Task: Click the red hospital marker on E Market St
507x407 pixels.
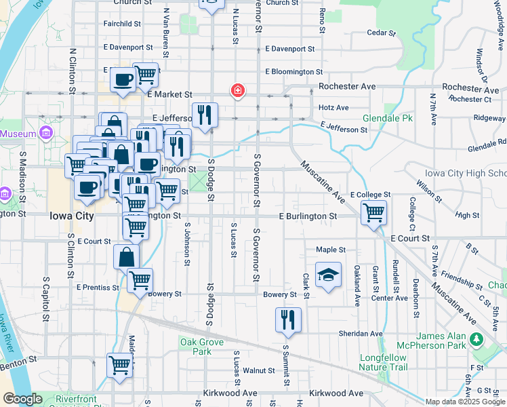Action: click(x=237, y=91)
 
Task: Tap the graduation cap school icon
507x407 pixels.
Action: click(x=328, y=275)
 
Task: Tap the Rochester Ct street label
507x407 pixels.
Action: click(x=469, y=99)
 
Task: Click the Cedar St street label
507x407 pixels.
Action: click(x=380, y=33)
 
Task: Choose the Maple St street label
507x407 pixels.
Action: click(x=331, y=250)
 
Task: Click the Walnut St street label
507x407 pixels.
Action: click(x=258, y=370)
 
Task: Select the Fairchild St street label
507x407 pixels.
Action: click(x=122, y=23)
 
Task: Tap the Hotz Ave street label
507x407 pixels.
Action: click(x=333, y=107)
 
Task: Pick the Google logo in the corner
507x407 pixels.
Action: click(x=22, y=399)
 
